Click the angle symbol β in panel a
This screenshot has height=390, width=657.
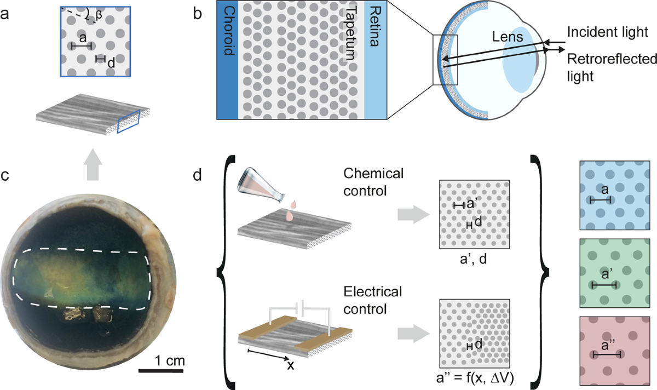click(x=99, y=15)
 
